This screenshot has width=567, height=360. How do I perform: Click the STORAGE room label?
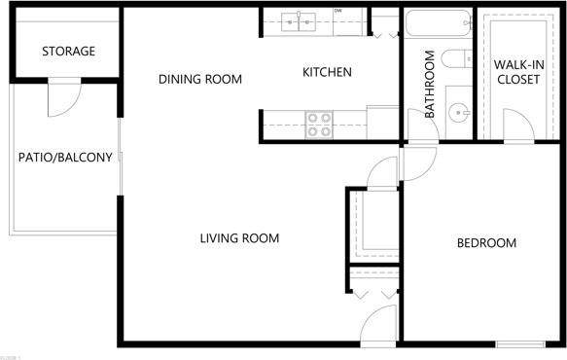pyautogui.click(x=68, y=51)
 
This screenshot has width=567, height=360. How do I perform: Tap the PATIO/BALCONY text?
pyautogui.click(x=65, y=158)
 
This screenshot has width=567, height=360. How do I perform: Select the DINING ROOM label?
pyautogui.click(x=200, y=79)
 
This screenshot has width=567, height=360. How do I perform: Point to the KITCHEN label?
pyautogui.click(x=327, y=72)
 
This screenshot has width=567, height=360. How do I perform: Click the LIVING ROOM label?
pyautogui.click(x=239, y=238)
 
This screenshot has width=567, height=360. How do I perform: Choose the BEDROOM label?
pyautogui.click(x=486, y=242)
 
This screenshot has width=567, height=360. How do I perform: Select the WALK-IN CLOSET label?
pyautogui.click(x=517, y=72)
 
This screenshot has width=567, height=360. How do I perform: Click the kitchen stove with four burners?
pyautogui.click(x=319, y=124)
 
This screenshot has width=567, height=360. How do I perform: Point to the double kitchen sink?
pyautogui.click(x=300, y=20)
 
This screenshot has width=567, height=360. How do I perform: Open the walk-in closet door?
pyautogui.click(x=517, y=125)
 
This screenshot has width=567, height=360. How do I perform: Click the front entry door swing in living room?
pyautogui.click(x=379, y=324)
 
